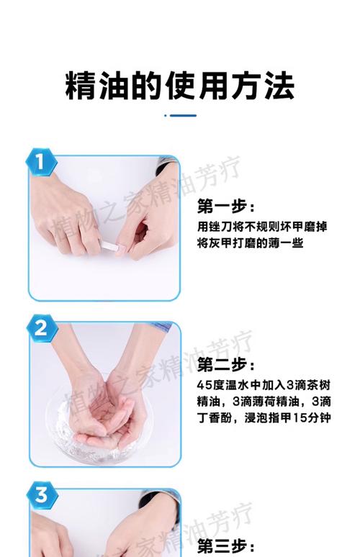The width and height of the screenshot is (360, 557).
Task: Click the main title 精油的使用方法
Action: (x=179, y=86)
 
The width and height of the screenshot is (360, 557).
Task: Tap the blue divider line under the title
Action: (x=180, y=115)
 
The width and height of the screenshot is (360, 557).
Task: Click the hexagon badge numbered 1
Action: (x=42, y=163)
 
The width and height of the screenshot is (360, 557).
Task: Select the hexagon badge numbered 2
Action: (x=42, y=329)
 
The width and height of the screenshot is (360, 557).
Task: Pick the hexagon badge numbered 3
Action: (x=42, y=495)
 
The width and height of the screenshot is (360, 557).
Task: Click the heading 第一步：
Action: (x=226, y=207)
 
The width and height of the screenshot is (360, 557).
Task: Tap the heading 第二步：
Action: (x=226, y=364)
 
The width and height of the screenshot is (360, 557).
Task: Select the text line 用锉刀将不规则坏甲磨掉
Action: (x=262, y=227)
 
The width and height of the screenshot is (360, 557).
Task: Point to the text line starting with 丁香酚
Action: (x=264, y=417)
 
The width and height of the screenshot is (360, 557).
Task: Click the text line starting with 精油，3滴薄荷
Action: (x=264, y=400)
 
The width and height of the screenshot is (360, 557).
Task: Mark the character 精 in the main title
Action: (x=80, y=86)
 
